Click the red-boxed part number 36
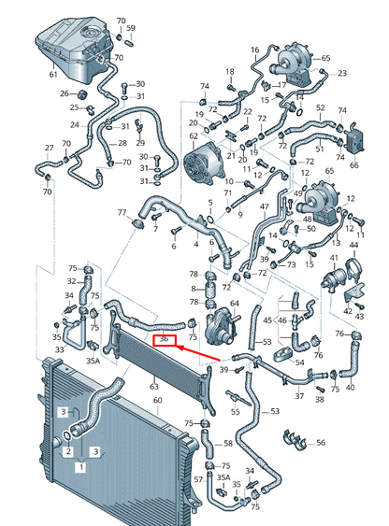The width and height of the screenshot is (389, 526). (165, 339)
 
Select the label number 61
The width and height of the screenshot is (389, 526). (53, 75)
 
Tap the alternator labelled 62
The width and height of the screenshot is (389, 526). (204, 165)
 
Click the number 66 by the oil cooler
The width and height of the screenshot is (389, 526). (354, 164)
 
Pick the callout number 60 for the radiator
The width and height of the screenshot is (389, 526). (158, 401)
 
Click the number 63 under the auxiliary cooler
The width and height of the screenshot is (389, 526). (154, 387)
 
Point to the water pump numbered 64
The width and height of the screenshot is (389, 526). (221, 326)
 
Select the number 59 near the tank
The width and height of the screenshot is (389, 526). (131, 28)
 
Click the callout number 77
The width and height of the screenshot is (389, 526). (122, 212)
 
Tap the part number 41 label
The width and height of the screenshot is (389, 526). (334, 258)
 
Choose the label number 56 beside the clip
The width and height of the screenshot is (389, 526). (321, 443)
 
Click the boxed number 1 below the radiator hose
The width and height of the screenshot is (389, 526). (81, 466)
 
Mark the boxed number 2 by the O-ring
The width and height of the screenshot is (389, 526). (68, 451)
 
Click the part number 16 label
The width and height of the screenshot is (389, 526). (255, 50)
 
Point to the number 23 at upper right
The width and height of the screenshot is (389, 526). (342, 73)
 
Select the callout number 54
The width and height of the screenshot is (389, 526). (299, 363)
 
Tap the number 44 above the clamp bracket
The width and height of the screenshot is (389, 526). (353, 245)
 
